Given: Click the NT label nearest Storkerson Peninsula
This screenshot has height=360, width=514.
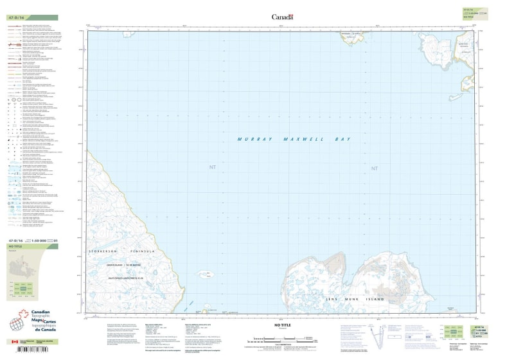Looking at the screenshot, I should pos(213,168).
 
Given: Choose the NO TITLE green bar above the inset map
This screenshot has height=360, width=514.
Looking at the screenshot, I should pos(32,246).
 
